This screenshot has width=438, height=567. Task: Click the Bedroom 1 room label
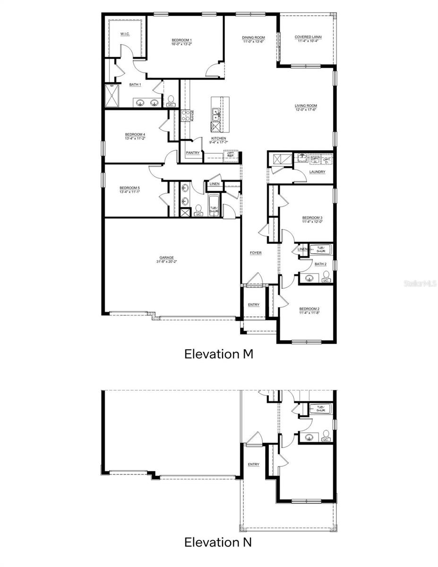click(181, 40)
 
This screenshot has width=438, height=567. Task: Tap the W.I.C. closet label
click(125, 34)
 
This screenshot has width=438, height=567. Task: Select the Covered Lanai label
click(306, 37)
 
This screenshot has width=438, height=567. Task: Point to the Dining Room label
click(253, 37)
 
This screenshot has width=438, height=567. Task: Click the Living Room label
click(306, 106)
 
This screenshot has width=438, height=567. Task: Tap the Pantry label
click(192, 153)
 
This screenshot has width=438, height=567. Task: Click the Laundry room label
click(317, 172)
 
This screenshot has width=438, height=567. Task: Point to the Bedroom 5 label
click(129, 188)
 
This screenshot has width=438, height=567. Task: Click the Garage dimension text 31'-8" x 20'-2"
click(166, 262)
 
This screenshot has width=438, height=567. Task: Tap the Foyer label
click(256, 253)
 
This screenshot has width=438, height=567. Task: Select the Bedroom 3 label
click(312, 217)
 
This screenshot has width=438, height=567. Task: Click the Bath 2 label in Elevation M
click(320, 264)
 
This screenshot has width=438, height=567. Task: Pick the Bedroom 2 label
click(309, 309)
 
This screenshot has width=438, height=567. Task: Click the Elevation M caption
click(218, 354)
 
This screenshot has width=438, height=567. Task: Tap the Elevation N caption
click(218, 542)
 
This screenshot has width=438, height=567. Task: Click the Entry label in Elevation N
click(253, 464)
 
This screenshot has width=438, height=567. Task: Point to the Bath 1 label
click(135, 85)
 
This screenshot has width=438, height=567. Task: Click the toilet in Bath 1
click(170, 101)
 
